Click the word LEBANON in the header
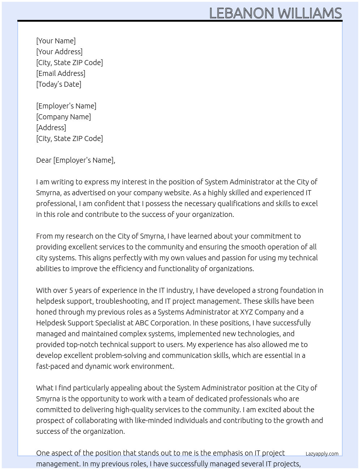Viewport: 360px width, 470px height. coord(241,13)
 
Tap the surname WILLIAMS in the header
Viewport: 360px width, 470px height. coord(310,13)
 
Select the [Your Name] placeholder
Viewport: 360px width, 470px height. coord(56,41)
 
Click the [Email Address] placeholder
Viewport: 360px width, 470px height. coord(61,73)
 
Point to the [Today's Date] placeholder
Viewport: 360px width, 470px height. coord(59,84)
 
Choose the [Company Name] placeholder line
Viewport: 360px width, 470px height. coord(63,117)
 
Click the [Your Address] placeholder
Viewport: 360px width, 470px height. coord(59,52)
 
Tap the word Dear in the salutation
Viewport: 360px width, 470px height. coord(44,160)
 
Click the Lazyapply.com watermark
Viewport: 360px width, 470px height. coord(322,454)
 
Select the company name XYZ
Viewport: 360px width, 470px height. coord(248,312)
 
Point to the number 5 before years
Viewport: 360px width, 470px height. coord(71,290)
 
